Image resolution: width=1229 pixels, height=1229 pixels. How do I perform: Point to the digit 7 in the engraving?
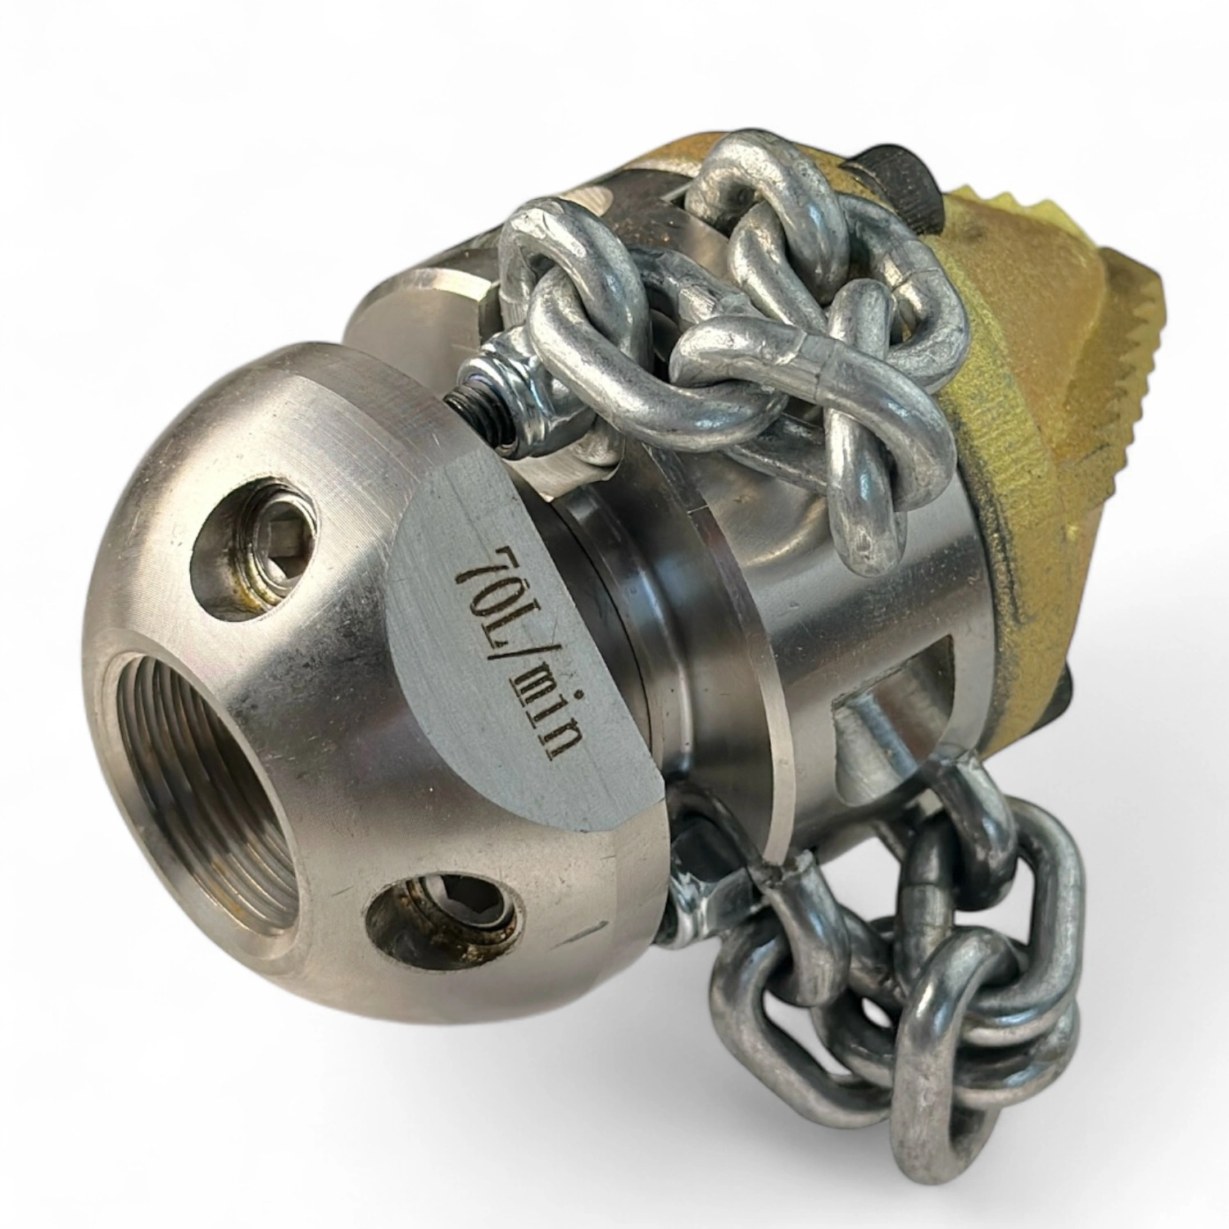pyautogui.click(x=470, y=565)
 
